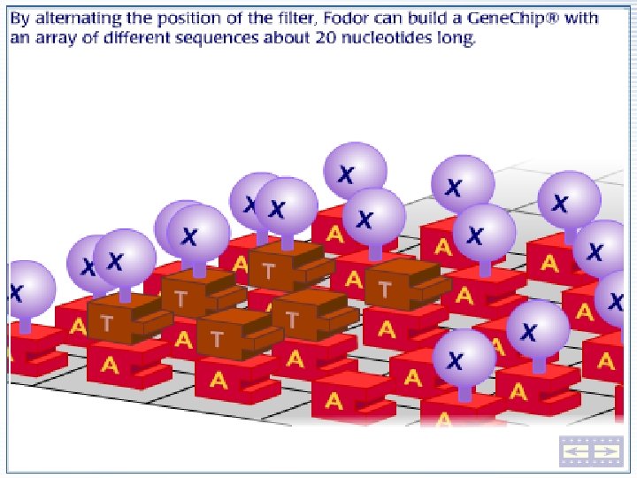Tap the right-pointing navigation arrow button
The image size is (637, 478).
tap(606, 452)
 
